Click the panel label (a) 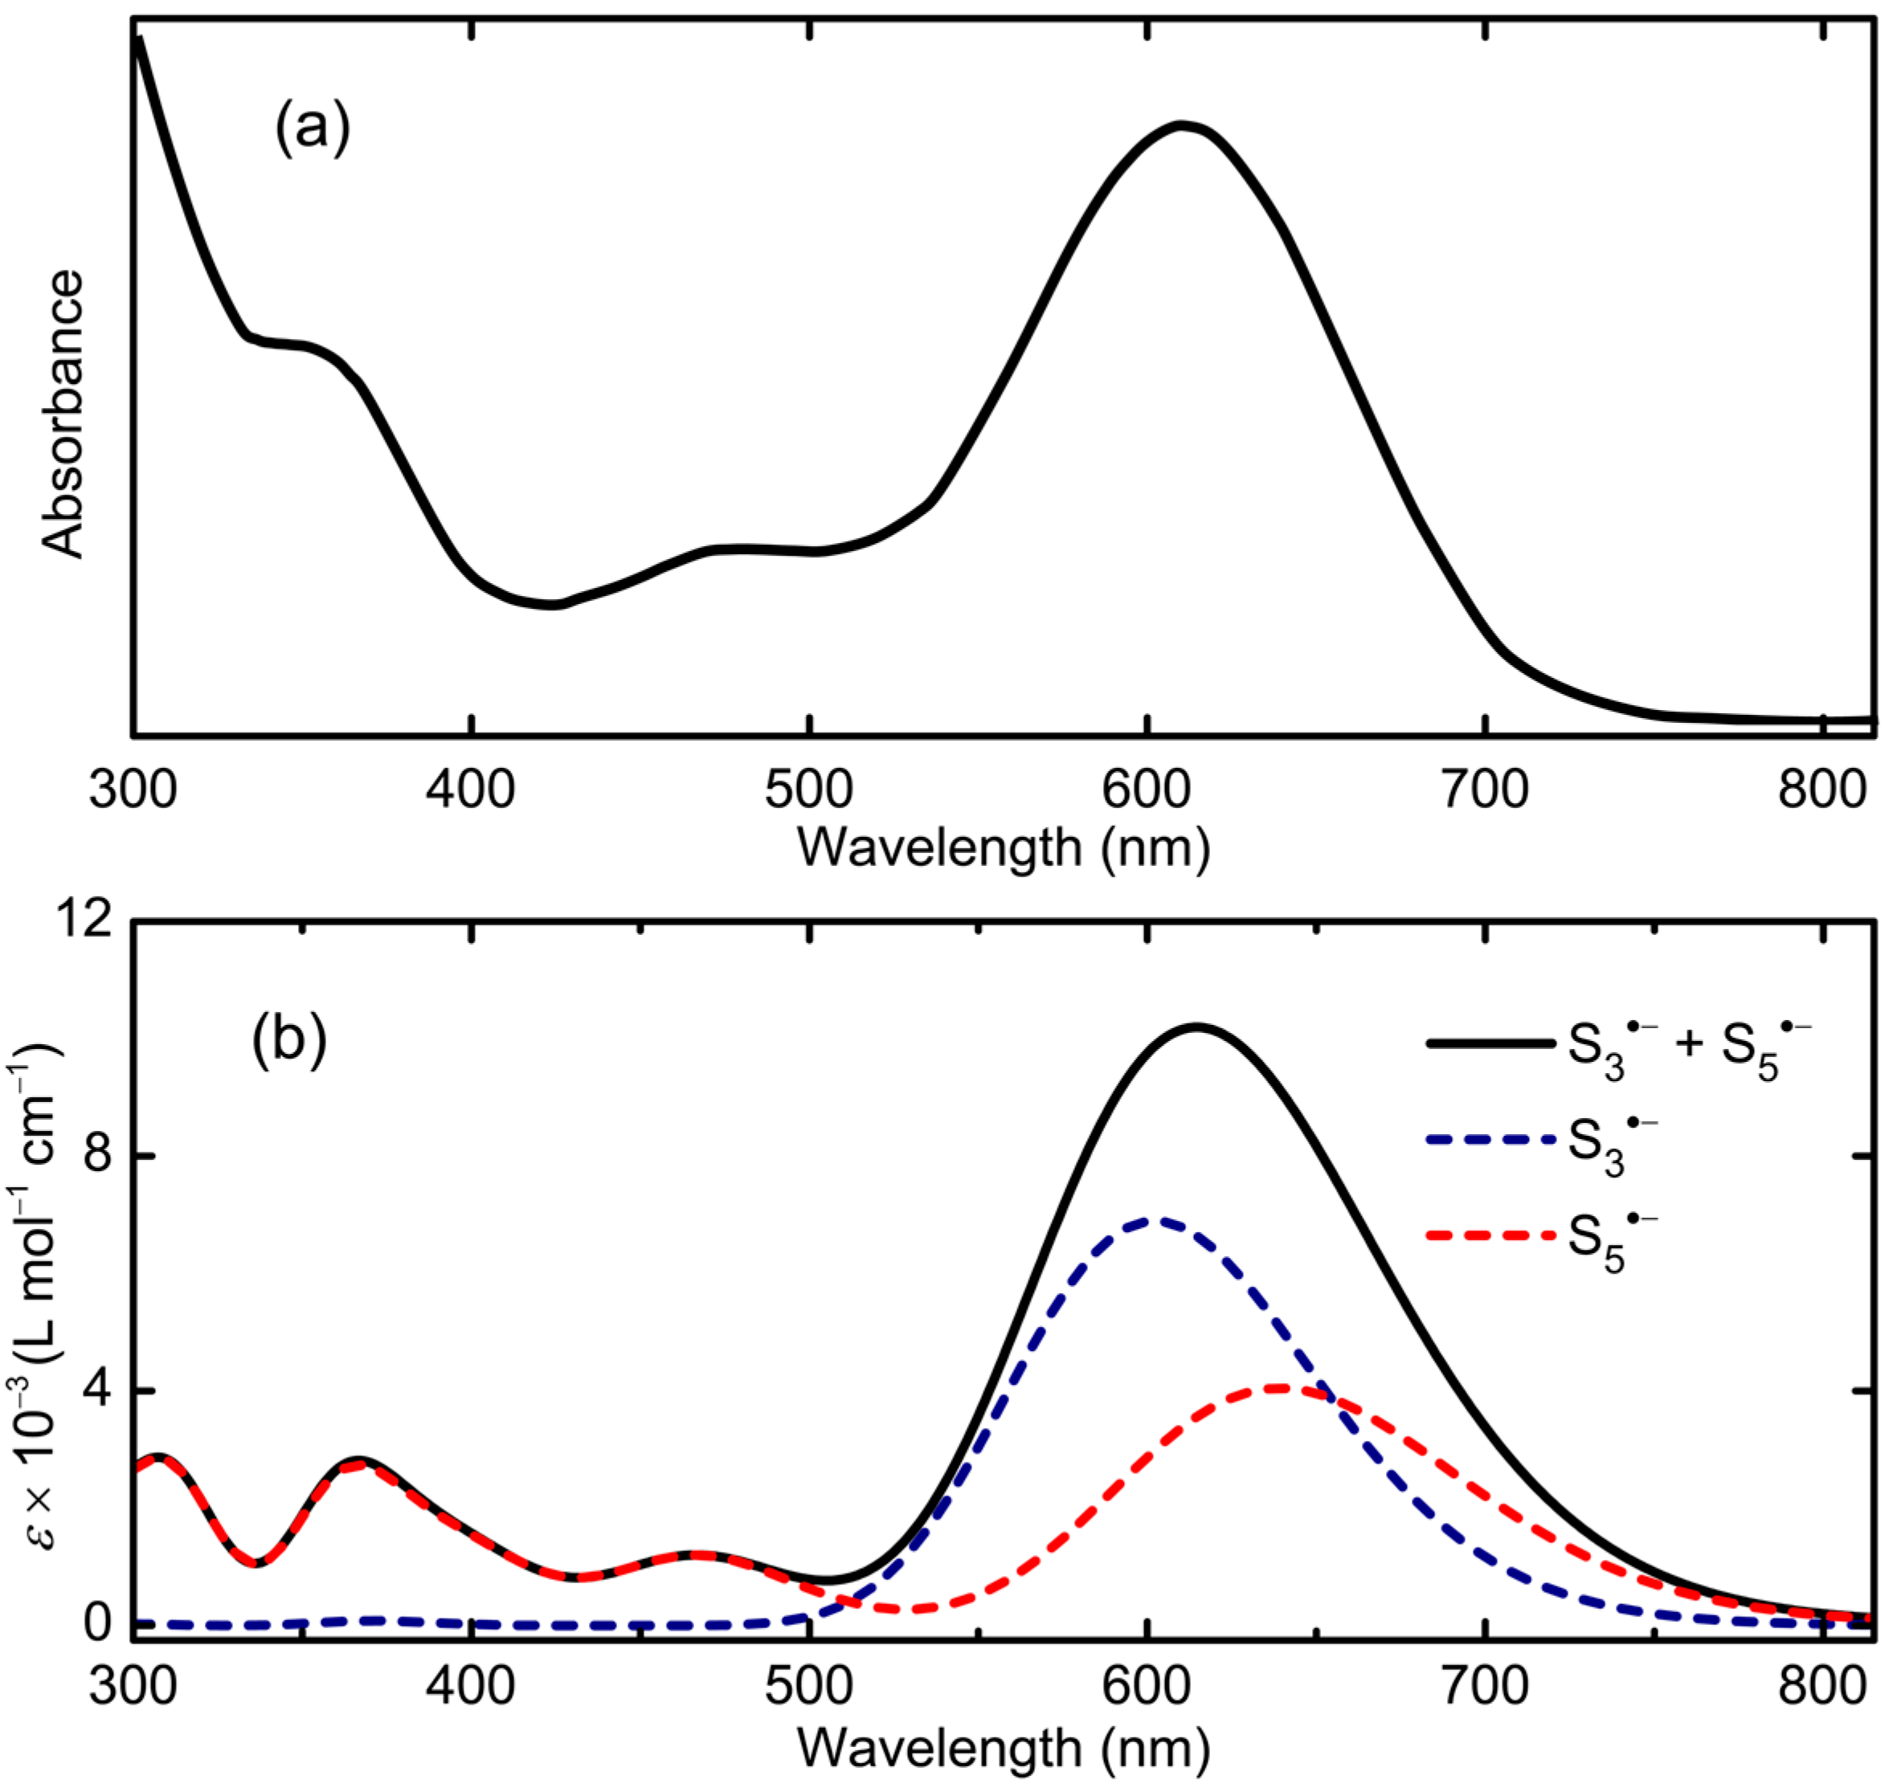[x=313, y=130]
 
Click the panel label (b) [x=288, y=1043]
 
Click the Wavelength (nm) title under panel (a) [x=1004, y=847]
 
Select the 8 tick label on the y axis [x=92, y=1157]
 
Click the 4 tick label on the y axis [x=92, y=1391]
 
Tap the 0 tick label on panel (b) [x=92, y=1624]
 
